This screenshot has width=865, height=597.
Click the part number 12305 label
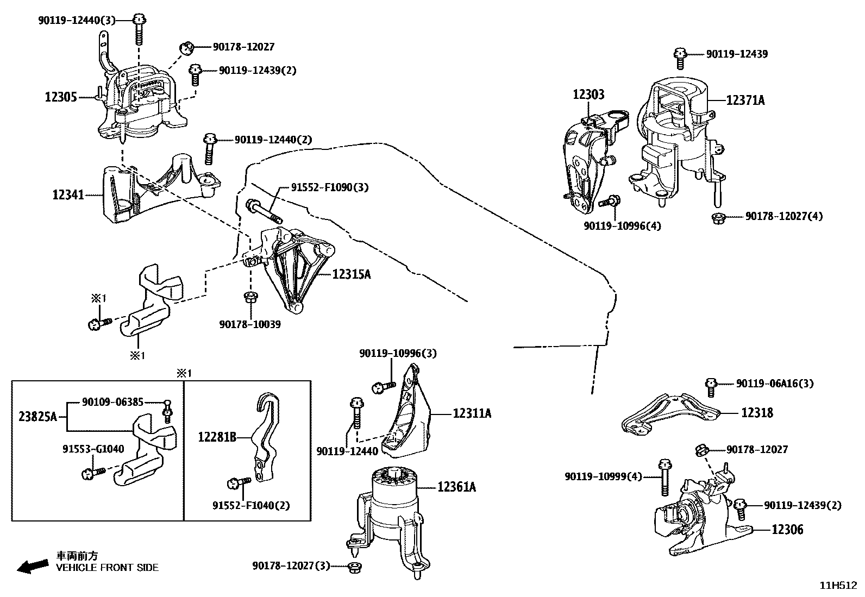point(60,97)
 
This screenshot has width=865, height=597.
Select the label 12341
point(68,194)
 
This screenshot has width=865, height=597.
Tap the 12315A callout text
point(352,274)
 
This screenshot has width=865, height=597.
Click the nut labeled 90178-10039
point(251,297)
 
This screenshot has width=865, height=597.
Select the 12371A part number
point(745,100)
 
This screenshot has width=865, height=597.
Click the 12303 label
point(588,95)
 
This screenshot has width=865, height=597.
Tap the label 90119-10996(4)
point(623,225)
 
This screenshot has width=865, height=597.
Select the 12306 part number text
point(787,529)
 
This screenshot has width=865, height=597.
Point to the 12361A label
point(456,487)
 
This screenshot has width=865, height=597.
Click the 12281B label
point(217,436)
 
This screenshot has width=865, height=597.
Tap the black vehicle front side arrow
point(32,566)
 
